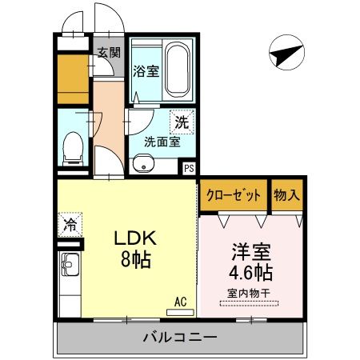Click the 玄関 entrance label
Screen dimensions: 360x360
tap(109, 54)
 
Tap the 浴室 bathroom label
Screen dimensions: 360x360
tap(147, 70)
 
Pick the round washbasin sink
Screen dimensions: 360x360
tap(145, 166)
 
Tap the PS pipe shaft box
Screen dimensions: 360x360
tap(189, 169)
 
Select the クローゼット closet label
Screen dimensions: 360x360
tap(234, 194)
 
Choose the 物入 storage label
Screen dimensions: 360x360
tap(286, 194)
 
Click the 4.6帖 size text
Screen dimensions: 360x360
tap(248, 273)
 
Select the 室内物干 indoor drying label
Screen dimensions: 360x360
tap(249, 293)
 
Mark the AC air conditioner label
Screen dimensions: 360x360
tap(181, 302)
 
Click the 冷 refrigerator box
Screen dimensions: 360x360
tap(70, 225)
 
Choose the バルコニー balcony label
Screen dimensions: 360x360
tap(180, 337)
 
